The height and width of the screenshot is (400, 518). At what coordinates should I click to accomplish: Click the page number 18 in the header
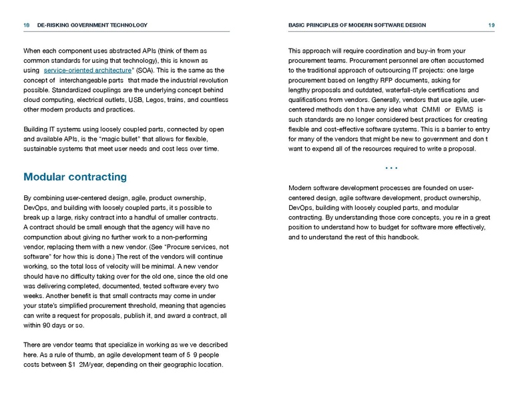click(x=27, y=25)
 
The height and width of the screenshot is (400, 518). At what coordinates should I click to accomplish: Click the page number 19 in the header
click(x=491, y=25)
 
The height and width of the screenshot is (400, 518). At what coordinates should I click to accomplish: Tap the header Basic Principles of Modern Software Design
click(x=356, y=25)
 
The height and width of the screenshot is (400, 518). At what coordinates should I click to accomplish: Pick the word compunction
click(x=47, y=237)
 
